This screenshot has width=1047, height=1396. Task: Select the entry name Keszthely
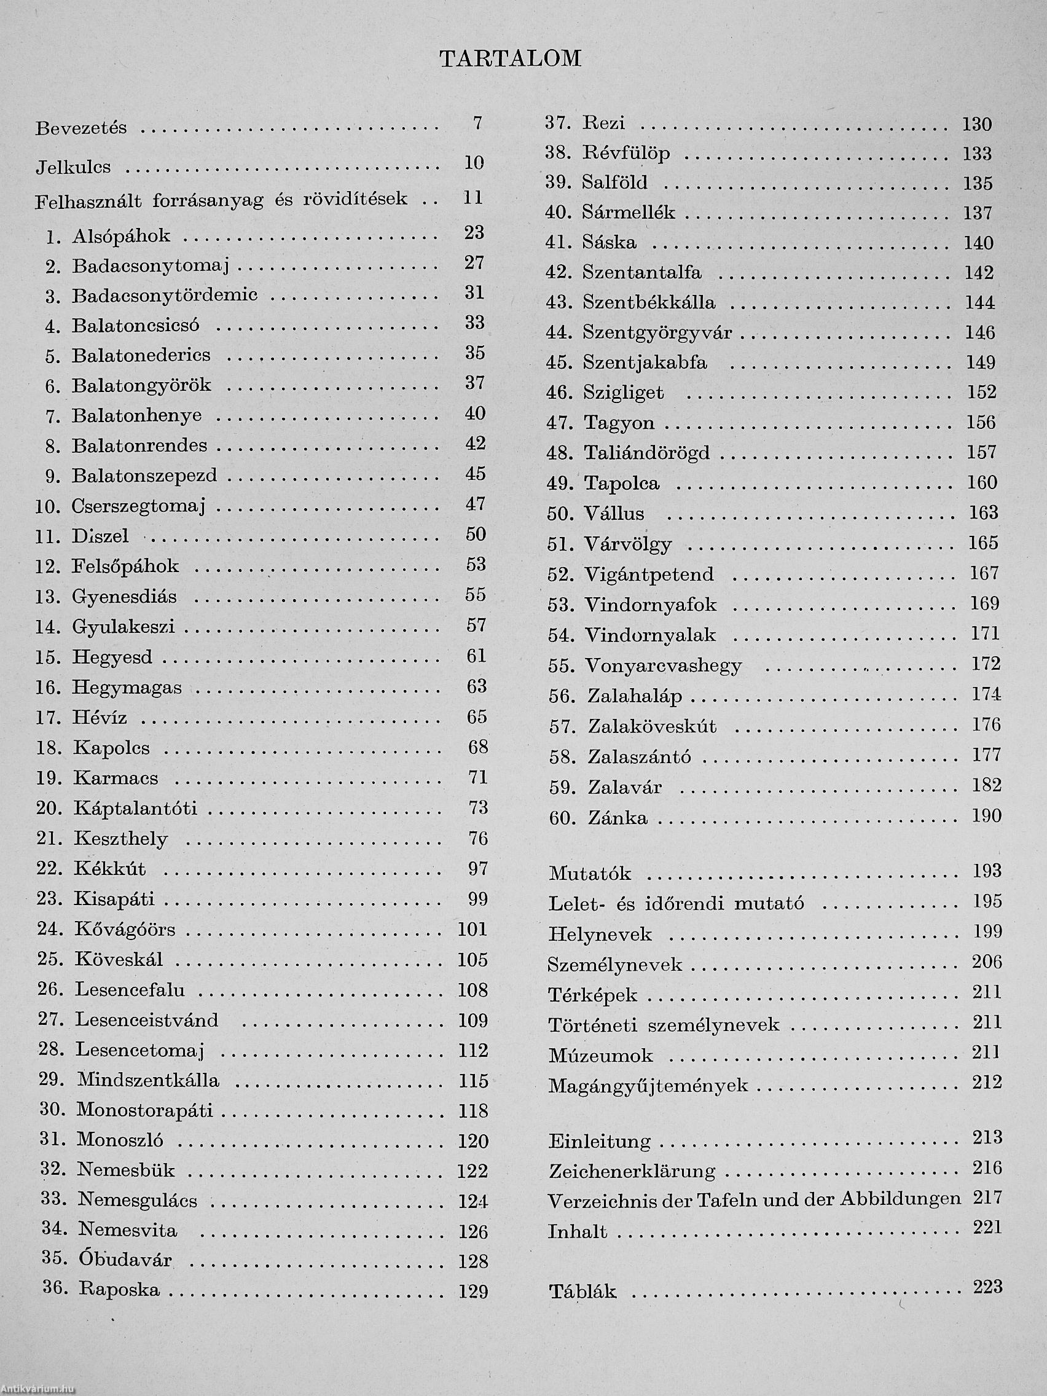tap(120, 839)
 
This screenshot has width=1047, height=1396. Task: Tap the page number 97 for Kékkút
tap(478, 868)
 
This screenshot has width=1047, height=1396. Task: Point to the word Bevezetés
tap(80, 128)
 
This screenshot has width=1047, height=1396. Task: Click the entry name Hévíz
tap(100, 718)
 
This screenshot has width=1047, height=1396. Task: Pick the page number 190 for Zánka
tap(986, 816)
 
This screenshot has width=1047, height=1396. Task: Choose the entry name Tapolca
tap(622, 484)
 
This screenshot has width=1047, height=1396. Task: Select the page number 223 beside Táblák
tap(987, 1287)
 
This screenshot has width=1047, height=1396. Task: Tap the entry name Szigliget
tap(624, 393)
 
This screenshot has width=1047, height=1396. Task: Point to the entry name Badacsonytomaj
tap(150, 265)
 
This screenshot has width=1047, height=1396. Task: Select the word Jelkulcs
tap(73, 167)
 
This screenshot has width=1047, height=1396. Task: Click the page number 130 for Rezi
tap(977, 124)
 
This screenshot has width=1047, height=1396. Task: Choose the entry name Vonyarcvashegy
tap(664, 666)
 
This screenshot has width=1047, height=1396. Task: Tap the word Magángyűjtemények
tap(648, 1086)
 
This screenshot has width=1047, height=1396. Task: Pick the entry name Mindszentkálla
tap(148, 1080)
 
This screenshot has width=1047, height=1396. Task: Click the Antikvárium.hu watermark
tap(37, 1390)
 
